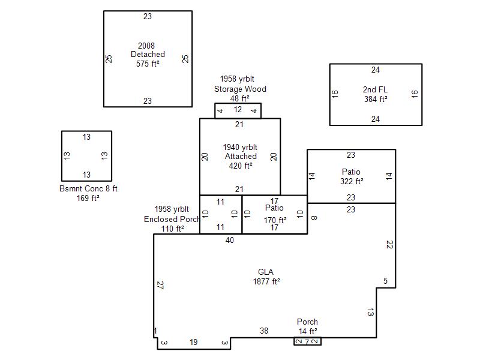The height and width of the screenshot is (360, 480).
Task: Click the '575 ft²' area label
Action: pyautogui.click(x=148, y=64)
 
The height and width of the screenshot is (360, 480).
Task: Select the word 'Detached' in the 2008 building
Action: pyautogui.click(x=148, y=54)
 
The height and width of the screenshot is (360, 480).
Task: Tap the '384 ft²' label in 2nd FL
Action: pyautogui.click(x=376, y=99)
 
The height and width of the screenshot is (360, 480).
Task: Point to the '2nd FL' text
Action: pyautogui.click(x=375, y=89)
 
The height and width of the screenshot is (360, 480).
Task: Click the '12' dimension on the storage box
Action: pyautogui.click(x=238, y=110)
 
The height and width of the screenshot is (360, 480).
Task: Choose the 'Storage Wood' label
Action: pyautogui.click(x=241, y=89)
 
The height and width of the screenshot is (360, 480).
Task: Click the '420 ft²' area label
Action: pyautogui.click(x=241, y=166)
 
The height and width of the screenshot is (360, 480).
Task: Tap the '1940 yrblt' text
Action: pyautogui.click(x=240, y=147)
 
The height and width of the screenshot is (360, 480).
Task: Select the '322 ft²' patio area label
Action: pyautogui.click(x=352, y=181)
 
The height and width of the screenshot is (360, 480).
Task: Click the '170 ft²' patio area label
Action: pyautogui.click(x=275, y=220)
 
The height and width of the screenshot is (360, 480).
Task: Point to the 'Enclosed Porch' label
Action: pyautogui.click(x=172, y=219)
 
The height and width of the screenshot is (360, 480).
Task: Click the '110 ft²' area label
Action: pyautogui.click(x=173, y=229)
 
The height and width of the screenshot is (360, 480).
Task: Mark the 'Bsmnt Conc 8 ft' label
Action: pyautogui.click(x=88, y=188)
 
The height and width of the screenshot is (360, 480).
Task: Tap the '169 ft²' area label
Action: pyautogui.click(x=88, y=198)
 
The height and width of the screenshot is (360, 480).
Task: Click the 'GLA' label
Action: pyautogui.click(x=266, y=272)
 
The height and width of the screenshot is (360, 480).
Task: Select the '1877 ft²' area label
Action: pyautogui.click(x=266, y=281)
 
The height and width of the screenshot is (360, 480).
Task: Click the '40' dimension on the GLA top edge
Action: pyautogui.click(x=230, y=241)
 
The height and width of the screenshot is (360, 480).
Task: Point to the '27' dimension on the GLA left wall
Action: pyautogui.click(x=160, y=285)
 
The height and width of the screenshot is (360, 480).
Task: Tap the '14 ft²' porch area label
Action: pyautogui.click(x=308, y=331)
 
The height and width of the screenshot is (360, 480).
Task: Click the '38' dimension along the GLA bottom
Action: pyautogui.click(x=264, y=331)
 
